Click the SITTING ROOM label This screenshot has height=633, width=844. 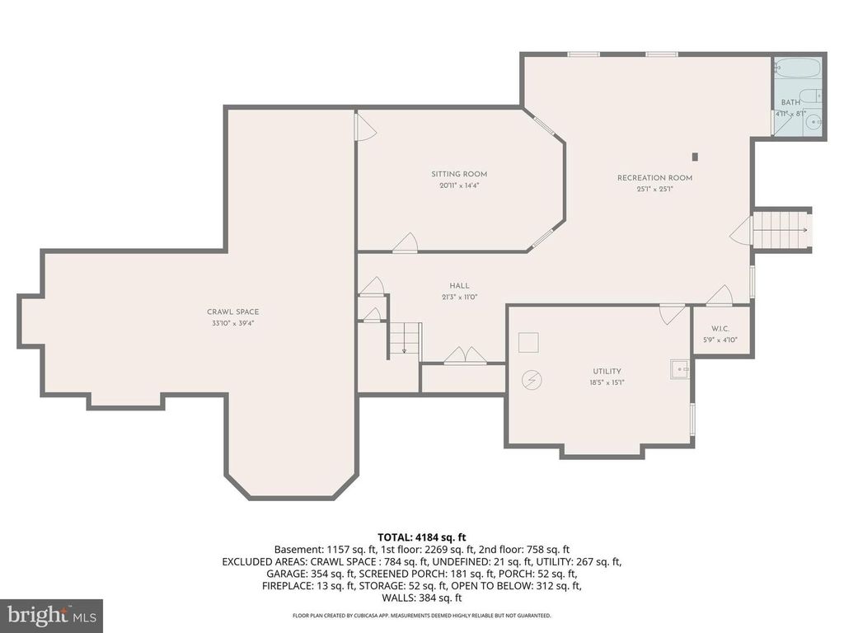(459, 174)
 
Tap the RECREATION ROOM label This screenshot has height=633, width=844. (654, 178)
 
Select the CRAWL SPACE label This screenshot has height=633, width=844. (232, 312)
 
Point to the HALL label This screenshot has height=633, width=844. (459, 285)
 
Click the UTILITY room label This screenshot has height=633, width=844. (607, 371)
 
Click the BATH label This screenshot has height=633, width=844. (790, 102)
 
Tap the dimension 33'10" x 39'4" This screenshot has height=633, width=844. (232, 323)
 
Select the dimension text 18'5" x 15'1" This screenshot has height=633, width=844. (607, 382)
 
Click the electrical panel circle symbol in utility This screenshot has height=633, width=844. (532, 379)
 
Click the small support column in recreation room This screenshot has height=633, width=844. (695, 156)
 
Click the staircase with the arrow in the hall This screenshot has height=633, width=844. (405, 339)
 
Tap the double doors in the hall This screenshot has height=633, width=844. (465, 356)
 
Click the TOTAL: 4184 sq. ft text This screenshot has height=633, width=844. (421, 537)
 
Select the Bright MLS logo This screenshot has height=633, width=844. (51, 615)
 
